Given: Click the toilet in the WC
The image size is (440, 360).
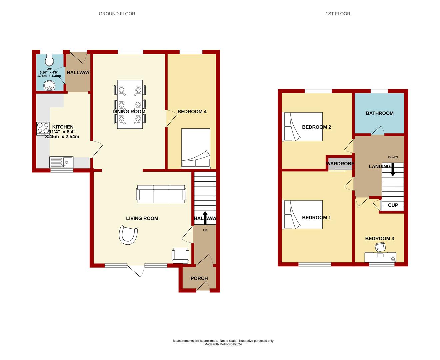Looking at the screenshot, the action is tap(49, 60).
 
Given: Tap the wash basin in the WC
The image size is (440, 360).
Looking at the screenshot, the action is tap(50, 86).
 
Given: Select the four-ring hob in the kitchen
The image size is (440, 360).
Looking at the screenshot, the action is tap(43, 129).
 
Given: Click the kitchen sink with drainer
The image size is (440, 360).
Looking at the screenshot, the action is tap(61, 162).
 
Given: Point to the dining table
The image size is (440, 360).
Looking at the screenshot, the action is tap(130, 104).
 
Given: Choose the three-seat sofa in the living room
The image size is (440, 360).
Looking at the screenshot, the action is tap(161, 194).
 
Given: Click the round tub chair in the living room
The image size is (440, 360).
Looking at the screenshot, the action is tap(128, 235).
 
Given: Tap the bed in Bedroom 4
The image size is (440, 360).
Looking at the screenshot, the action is tap(196, 148).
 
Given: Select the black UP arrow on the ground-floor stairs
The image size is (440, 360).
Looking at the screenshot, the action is tap(205, 218).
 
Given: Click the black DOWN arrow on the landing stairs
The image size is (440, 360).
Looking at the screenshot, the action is tap(393, 169).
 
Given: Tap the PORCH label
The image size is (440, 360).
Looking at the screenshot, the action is tap(199, 278).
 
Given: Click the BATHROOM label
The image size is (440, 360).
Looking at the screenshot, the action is tap(379, 113).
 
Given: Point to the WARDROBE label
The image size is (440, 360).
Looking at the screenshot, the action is tap(340, 163).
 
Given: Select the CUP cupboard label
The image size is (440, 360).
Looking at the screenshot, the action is tap(393, 205).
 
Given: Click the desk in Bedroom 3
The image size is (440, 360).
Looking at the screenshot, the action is tap(380, 257).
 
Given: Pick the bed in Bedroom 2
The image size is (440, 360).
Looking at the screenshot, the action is tap(302, 126).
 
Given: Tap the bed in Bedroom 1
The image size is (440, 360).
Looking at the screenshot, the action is tap(302, 215).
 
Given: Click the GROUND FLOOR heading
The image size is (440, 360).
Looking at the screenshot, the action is tap(117, 14).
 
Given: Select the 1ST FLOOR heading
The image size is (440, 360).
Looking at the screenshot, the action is tap(338, 14).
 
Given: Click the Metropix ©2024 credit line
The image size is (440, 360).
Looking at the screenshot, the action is tap(223, 344).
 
